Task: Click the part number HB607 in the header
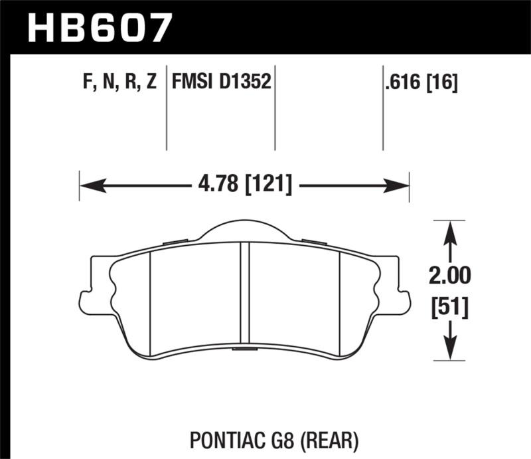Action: (x=100, y=27)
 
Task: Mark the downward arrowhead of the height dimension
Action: (x=451, y=351)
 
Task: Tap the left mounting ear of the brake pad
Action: (x=88, y=299)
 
